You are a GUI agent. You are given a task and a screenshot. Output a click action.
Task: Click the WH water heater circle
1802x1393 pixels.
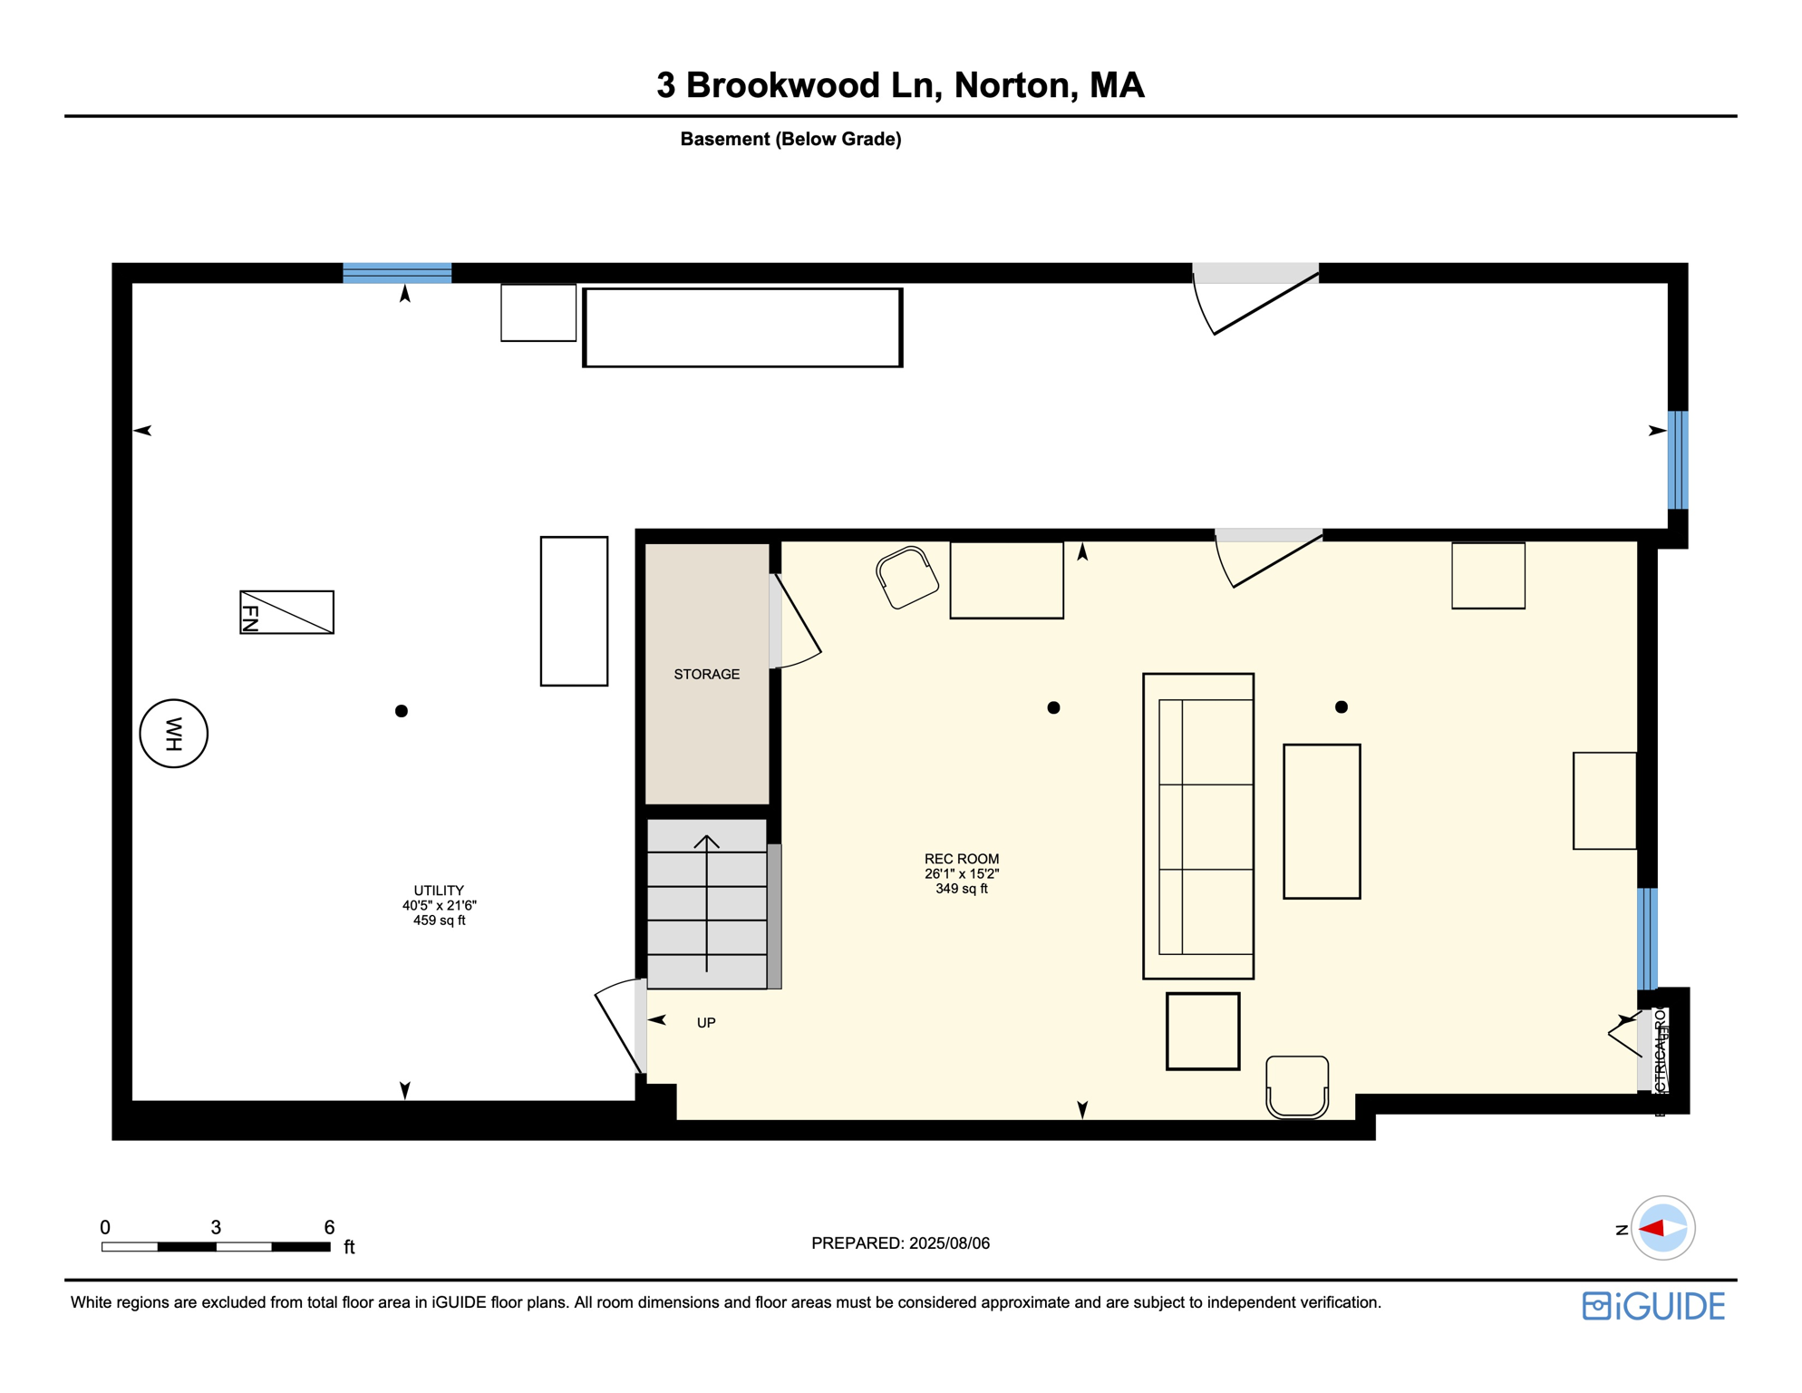(173, 734)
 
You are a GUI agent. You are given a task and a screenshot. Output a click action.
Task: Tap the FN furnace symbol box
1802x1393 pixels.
(286, 612)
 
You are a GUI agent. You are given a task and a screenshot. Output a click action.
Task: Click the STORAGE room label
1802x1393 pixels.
(706, 674)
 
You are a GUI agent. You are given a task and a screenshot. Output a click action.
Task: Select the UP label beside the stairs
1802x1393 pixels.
(706, 1022)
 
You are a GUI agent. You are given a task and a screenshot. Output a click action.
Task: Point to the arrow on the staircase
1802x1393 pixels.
(706, 902)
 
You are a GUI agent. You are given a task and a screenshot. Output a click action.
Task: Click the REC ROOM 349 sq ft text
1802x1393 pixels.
(961, 889)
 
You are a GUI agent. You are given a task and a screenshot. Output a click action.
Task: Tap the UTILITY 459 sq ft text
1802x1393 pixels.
(439, 920)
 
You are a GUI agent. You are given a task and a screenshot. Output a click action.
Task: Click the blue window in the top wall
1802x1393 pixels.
(397, 273)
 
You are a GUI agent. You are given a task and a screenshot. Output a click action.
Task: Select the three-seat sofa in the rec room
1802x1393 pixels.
(1197, 825)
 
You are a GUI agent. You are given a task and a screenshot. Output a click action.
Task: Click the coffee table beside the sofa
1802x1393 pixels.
(1321, 821)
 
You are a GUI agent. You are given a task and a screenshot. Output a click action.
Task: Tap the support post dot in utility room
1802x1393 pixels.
(402, 711)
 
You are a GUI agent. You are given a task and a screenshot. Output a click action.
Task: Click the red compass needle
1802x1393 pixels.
(1652, 1228)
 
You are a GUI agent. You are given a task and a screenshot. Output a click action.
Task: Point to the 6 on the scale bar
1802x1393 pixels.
(329, 1227)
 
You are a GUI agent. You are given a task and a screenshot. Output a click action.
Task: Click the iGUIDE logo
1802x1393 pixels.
(1653, 1306)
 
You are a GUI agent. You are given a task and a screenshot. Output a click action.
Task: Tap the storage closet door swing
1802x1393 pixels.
(796, 626)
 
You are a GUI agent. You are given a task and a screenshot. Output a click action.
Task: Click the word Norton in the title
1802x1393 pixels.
(1014, 85)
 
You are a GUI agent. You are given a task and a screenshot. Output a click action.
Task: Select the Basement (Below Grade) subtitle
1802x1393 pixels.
(790, 139)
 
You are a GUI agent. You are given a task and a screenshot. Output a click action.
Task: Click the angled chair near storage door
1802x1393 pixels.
(906, 578)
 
